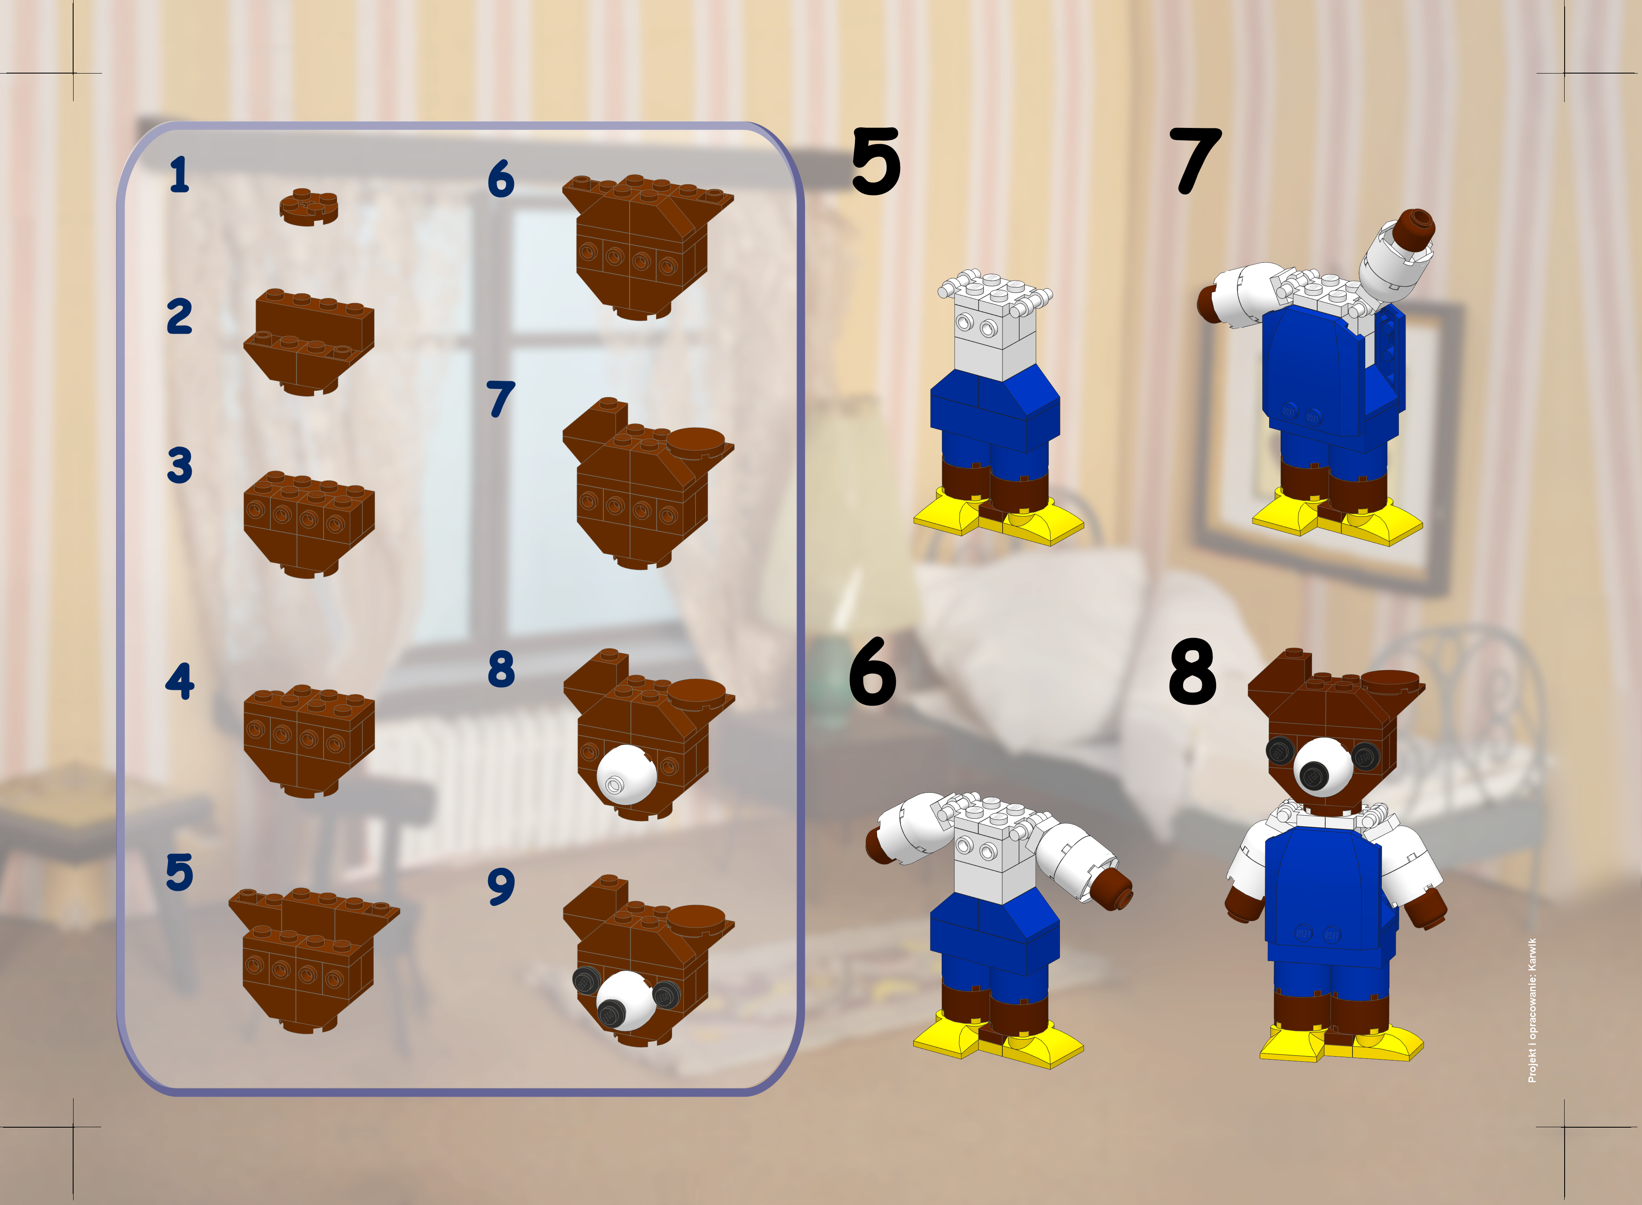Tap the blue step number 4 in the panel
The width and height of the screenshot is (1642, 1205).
tap(179, 681)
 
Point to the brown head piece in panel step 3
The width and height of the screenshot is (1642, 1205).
tap(309, 522)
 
